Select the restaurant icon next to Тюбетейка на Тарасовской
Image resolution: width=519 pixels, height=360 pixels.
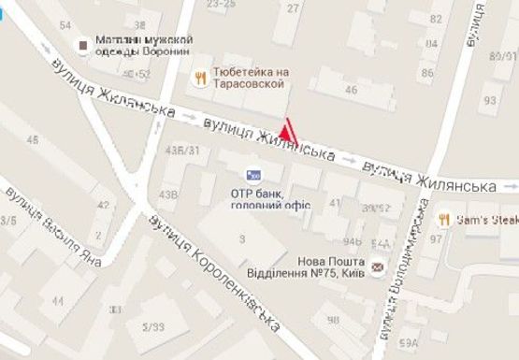(x=199, y=78)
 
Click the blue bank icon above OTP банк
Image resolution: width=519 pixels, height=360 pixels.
(x=252, y=174)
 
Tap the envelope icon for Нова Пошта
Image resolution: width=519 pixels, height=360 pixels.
(x=377, y=268)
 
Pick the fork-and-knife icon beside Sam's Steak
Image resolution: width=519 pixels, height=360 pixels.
(x=443, y=219)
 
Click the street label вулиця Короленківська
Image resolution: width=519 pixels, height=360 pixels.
(x=214, y=272)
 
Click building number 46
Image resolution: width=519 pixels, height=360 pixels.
(x=352, y=90)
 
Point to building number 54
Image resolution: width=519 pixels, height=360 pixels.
(x=65, y=24)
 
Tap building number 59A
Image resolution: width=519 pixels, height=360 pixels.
(x=408, y=344)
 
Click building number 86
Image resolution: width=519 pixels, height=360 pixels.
(x=427, y=72)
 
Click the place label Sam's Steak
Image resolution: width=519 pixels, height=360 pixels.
(x=485, y=219)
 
